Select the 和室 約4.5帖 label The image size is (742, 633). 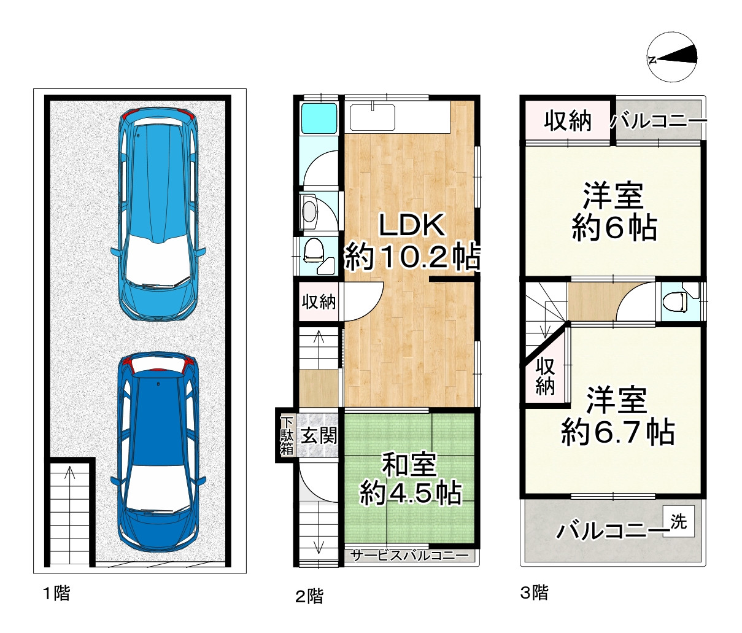point(409,479)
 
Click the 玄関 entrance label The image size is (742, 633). point(319,437)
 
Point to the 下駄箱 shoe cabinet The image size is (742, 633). point(287,435)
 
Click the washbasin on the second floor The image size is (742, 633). point(311,211)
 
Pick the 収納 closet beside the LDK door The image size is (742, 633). point(318,301)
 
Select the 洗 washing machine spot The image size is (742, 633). point(678,521)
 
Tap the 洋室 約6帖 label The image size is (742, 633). point(614,212)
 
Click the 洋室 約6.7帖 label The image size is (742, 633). point(617,416)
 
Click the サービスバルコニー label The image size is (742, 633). point(409,556)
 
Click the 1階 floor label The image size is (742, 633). point(56,594)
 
